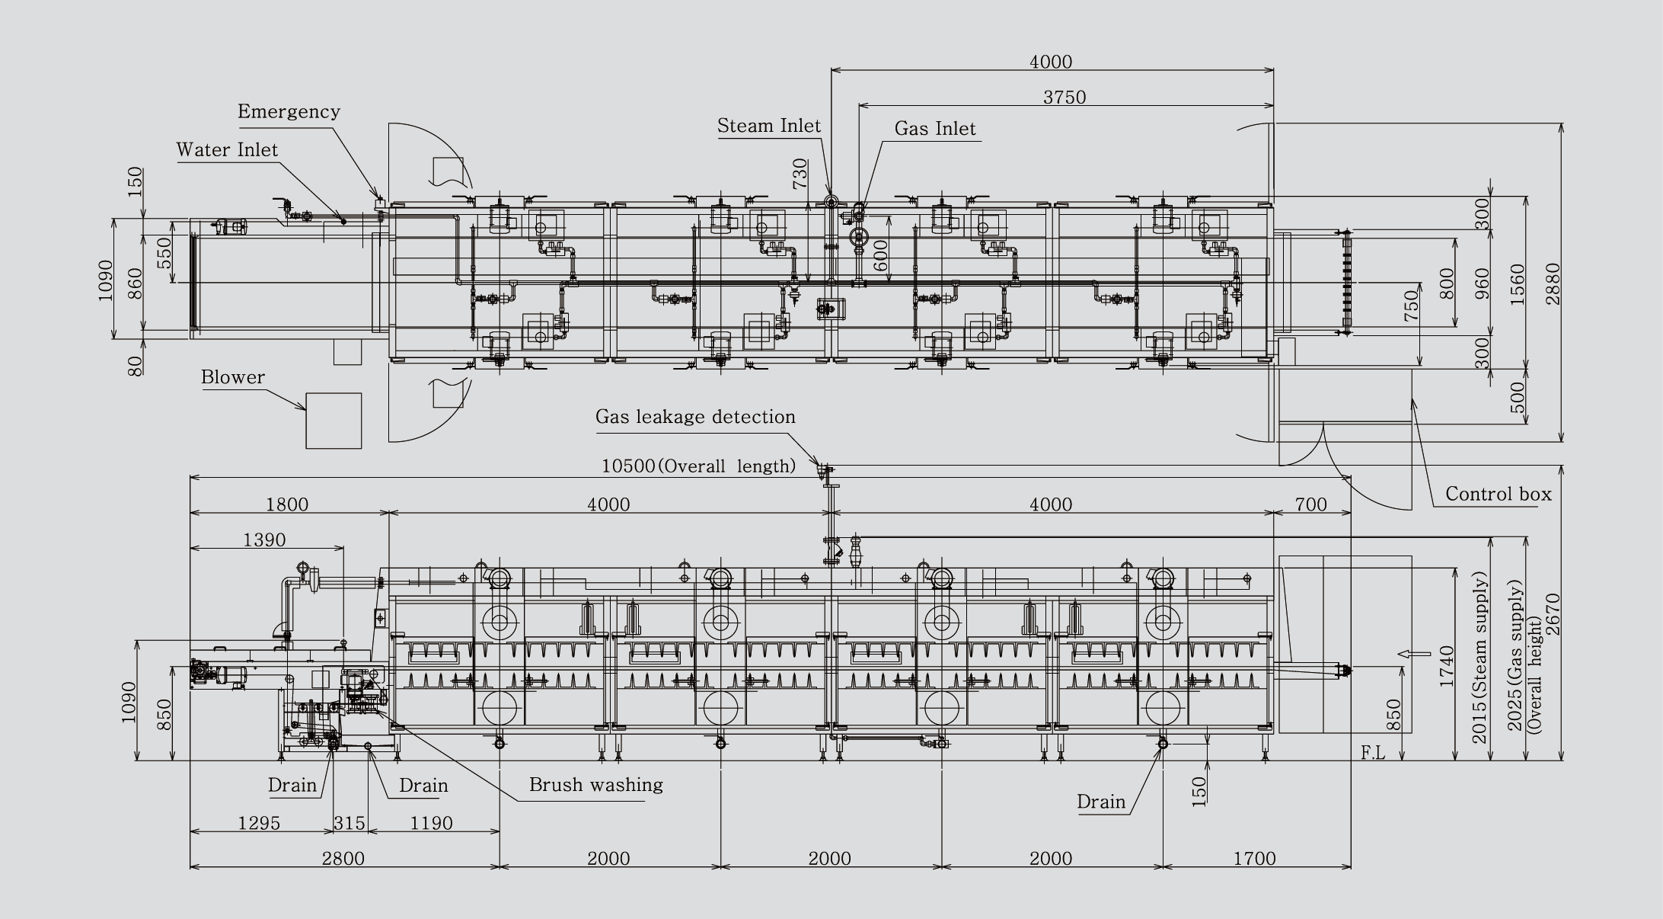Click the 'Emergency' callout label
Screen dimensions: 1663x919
pos(289,111)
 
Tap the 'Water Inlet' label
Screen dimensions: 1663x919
pos(227,149)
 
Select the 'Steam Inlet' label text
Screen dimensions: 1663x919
pos(769,126)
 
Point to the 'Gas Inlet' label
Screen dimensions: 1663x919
pos(935,129)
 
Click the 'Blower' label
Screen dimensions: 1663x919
pos(233,377)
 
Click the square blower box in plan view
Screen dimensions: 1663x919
pos(334,421)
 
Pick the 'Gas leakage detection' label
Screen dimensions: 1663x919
pos(695,417)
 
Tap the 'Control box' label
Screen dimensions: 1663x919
pos(1499,494)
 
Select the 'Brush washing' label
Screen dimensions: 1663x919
pos(596,785)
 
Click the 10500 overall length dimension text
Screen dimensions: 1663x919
pos(698,466)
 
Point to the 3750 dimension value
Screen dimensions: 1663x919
pos(1065,98)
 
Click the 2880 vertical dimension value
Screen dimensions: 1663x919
pos(1553,283)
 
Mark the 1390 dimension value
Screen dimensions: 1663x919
pos(264,540)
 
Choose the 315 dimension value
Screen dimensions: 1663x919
pos(350,823)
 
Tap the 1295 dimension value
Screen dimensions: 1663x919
pos(259,823)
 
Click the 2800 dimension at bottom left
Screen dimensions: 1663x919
pos(343,859)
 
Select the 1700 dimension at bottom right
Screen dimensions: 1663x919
pos(1254,859)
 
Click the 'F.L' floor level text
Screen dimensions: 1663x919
pos(1373,754)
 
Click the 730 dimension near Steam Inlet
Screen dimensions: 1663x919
pos(800,174)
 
